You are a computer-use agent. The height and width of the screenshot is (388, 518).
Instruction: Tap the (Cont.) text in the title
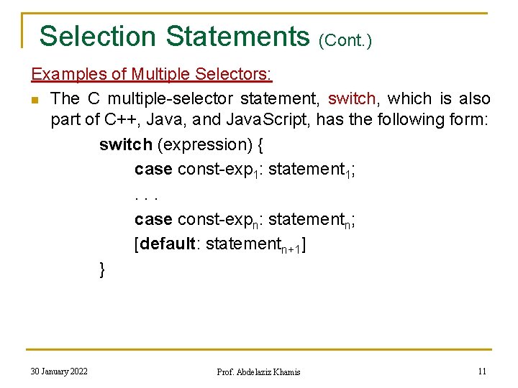click(345, 40)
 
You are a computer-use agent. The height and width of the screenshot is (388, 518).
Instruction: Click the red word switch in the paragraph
click(352, 98)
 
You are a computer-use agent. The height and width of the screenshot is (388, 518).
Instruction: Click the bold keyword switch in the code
click(126, 144)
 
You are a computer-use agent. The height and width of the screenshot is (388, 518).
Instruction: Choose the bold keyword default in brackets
click(169, 244)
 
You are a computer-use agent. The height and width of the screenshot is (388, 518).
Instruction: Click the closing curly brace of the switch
click(103, 269)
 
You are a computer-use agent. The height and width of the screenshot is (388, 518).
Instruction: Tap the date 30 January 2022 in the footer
click(59, 371)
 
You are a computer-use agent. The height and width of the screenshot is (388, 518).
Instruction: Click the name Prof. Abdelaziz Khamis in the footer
click(258, 371)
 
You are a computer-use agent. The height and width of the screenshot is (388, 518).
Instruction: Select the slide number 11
click(482, 371)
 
